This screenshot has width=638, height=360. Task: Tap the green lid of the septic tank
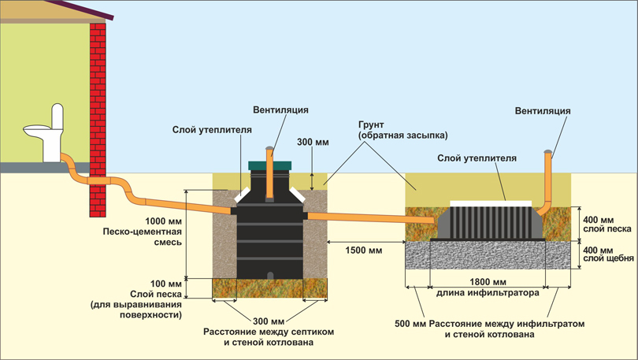point(270,165)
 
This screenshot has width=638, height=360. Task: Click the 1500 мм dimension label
point(364,251)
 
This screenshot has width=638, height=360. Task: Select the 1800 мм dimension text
point(488,281)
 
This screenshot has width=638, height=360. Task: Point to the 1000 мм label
point(163,221)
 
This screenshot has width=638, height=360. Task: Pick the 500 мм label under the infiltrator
point(410,325)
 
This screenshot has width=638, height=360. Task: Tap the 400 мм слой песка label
point(606,225)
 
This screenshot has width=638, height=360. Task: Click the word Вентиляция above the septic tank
point(280,109)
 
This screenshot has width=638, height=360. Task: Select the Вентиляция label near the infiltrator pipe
point(543,110)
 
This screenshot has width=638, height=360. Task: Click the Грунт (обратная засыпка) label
point(402,130)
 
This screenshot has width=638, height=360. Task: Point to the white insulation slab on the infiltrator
point(491,203)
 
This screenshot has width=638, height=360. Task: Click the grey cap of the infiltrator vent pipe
point(547,152)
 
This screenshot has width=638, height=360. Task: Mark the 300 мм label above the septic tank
point(313,142)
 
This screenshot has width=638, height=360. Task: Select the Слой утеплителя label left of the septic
point(212,130)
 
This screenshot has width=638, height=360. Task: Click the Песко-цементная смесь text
point(142,237)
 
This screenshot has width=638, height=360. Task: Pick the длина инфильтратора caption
point(488,292)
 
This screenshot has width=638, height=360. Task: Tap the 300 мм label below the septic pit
point(269,321)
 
